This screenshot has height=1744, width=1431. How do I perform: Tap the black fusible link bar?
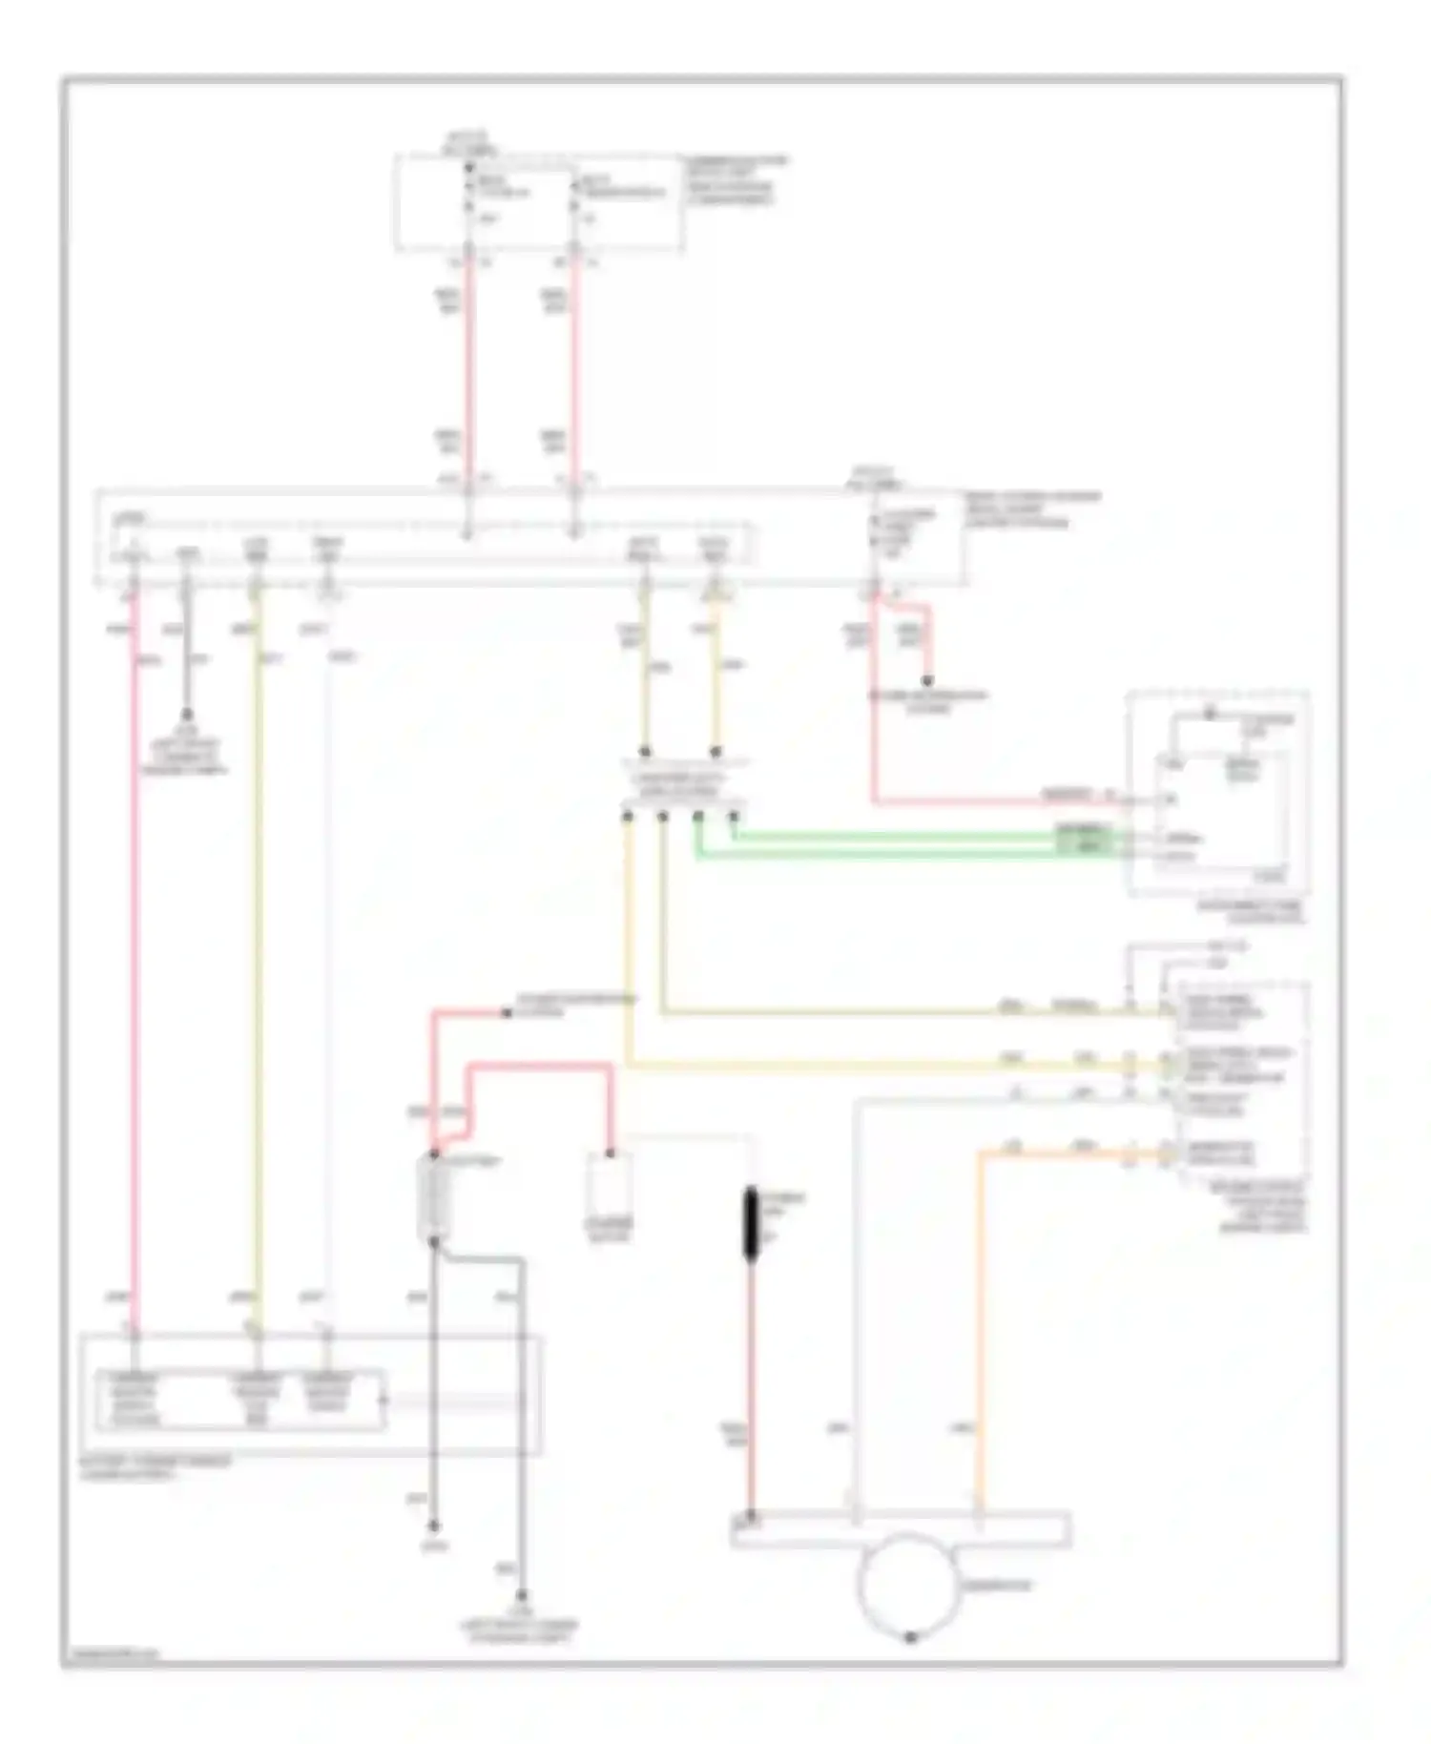point(751,1225)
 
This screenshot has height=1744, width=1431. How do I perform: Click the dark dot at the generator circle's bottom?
point(910,1636)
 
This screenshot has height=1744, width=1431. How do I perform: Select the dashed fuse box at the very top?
point(539,204)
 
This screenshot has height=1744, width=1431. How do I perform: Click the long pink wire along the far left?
point(135,954)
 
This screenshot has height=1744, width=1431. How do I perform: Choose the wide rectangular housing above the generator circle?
point(901,1528)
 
